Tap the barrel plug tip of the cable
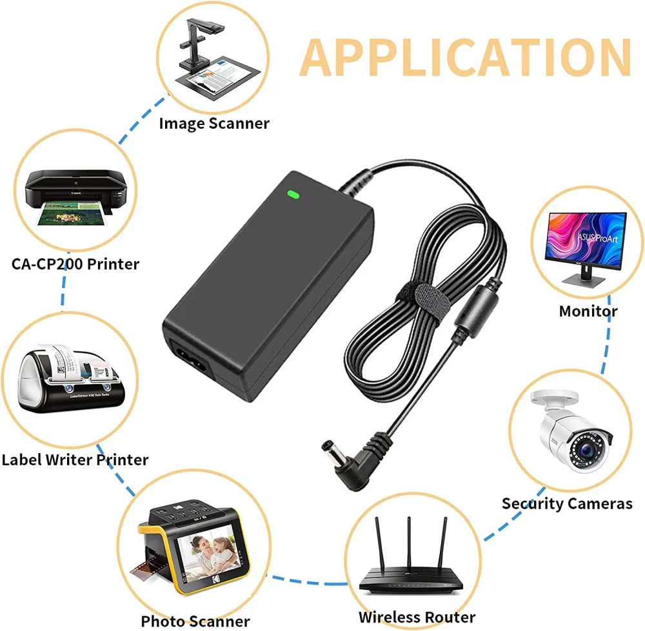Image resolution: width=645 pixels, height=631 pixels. [x=327, y=446]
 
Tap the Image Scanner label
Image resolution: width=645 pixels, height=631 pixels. [x=214, y=122]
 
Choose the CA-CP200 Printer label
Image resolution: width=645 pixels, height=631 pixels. [x=75, y=263]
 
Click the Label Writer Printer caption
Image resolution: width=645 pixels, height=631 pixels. [x=75, y=460]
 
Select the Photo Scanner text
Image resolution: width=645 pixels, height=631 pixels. [x=195, y=621]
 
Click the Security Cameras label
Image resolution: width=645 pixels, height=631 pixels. [x=567, y=503]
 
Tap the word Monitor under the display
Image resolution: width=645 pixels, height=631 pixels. [x=588, y=311]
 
